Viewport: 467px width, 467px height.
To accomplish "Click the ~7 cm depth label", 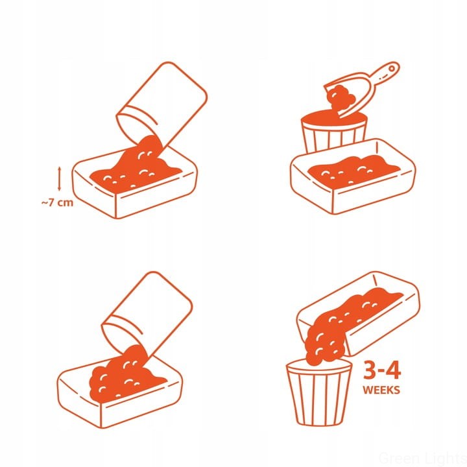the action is pyautogui.click(x=57, y=203).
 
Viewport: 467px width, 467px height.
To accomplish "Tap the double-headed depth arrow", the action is pyautogui.click(x=59, y=178).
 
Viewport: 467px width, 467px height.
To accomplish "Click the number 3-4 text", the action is pyautogui.click(x=382, y=371).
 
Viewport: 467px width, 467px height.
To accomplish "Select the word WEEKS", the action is pyautogui.click(x=381, y=390).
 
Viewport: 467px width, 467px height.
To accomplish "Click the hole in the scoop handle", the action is pyautogui.click(x=392, y=69).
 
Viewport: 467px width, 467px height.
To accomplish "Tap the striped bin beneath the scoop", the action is pyautogui.click(x=334, y=131).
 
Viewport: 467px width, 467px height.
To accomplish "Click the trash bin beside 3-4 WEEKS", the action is pyautogui.click(x=318, y=393).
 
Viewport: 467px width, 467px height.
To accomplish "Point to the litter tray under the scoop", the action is pyautogui.click(x=353, y=176).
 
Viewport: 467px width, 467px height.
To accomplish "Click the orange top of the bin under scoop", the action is pyautogui.click(x=334, y=117).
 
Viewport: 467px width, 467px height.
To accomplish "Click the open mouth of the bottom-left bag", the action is pyautogui.click(x=122, y=333).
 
